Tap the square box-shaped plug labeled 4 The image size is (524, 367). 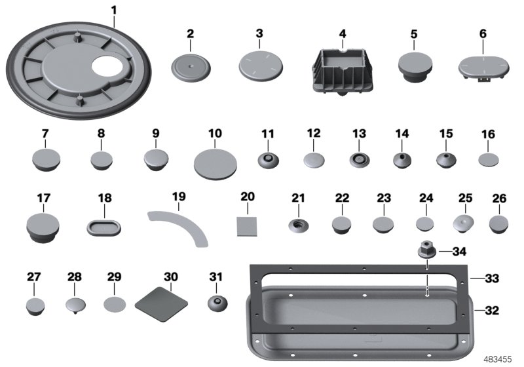tap(341, 69)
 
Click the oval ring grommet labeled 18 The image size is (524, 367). tap(104, 227)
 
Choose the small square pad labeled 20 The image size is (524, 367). tap(247, 225)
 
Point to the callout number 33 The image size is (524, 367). tap(492, 279)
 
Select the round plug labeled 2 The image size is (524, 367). tap(190, 67)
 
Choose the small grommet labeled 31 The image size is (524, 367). tap(216, 303)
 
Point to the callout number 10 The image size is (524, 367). tap(215, 133)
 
